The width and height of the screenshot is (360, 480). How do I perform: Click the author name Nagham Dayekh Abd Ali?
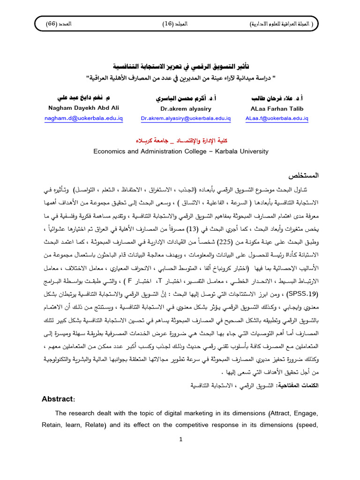click(x=83, y=109)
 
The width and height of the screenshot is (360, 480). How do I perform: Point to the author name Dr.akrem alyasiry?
click(x=186, y=109)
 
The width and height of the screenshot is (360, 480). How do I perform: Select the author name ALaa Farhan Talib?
click(x=277, y=109)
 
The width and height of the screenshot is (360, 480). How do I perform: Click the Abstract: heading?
click(x=58, y=398)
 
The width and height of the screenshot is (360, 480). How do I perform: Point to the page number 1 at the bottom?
click(x=180, y=439)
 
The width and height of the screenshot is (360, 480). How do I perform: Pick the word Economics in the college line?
click(x=108, y=151)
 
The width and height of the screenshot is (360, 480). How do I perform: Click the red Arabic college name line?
click(x=180, y=141)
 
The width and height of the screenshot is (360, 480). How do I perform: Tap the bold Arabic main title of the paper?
click(x=180, y=67)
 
